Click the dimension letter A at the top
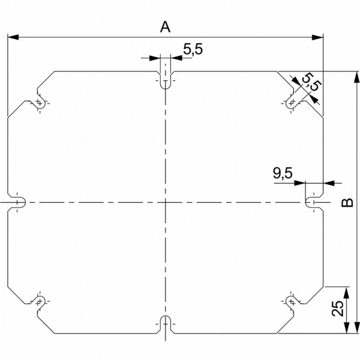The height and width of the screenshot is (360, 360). [165, 27]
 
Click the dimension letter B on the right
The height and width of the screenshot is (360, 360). [347, 203]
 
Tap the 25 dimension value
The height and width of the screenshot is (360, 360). [338, 308]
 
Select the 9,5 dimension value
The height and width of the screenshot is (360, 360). [283, 173]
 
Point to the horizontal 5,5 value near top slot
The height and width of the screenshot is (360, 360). [193, 49]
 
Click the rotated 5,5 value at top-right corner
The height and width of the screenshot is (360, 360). [311, 82]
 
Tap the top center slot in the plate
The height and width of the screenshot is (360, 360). [166, 80]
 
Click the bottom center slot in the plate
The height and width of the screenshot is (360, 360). [166, 324]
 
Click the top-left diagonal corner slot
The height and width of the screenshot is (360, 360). [40, 101]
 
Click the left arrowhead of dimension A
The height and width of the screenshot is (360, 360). [13, 37]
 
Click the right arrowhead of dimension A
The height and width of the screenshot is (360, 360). [317, 37]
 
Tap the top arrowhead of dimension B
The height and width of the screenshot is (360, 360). [356, 77]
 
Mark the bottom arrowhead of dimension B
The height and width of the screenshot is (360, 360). [356, 328]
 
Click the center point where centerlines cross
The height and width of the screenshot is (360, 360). [166, 203]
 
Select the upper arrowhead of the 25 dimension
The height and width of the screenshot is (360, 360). [347, 293]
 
